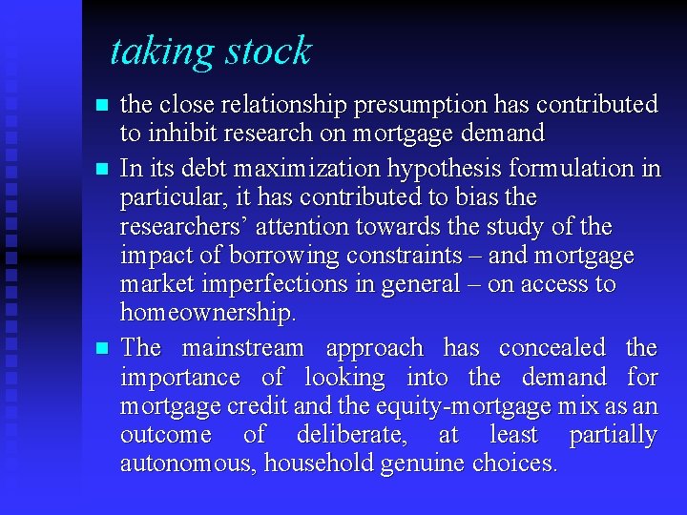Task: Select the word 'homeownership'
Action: click(x=206, y=313)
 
